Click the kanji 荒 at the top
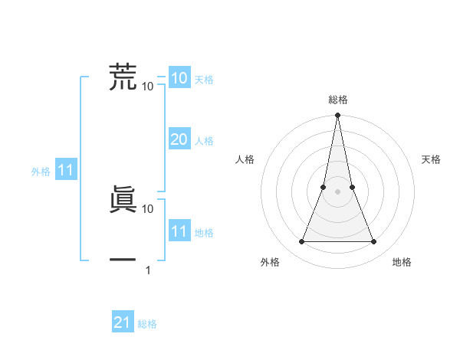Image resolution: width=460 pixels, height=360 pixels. [x=123, y=77]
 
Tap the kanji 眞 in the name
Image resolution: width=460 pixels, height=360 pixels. [x=123, y=199]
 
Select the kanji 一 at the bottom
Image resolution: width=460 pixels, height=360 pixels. [x=123, y=260]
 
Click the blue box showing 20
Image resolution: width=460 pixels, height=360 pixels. [x=179, y=139]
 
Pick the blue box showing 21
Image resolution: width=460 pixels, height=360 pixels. [x=123, y=322]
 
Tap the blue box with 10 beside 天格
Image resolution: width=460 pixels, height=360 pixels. [x=179, y=78]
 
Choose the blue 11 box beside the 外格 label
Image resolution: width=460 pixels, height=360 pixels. [x=65, y=171]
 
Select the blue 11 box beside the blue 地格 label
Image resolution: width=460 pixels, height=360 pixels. [x=179, y=231]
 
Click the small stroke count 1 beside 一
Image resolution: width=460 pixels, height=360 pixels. [x=148, y=270]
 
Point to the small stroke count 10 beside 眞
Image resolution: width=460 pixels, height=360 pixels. [x=148, y=208]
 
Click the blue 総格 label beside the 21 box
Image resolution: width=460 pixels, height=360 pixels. [x=147, y=324]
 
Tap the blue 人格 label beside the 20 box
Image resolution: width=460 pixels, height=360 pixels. [x=204, y=141]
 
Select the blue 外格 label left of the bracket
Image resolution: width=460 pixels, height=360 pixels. [x=41, y=172]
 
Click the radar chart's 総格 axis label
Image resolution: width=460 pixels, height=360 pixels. [x=337, y=100]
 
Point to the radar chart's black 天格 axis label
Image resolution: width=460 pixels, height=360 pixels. [x=431, y=159]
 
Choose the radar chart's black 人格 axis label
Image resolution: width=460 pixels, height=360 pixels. [x=245, y=159]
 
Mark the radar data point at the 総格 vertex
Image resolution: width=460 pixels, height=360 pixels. [x=337, y=116]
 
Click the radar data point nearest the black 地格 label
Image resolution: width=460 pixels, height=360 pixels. [x=373, y=242]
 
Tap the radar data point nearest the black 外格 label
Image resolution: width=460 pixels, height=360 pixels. [x=301, y=242]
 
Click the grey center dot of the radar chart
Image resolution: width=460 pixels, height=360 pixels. [x=337, y=191]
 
